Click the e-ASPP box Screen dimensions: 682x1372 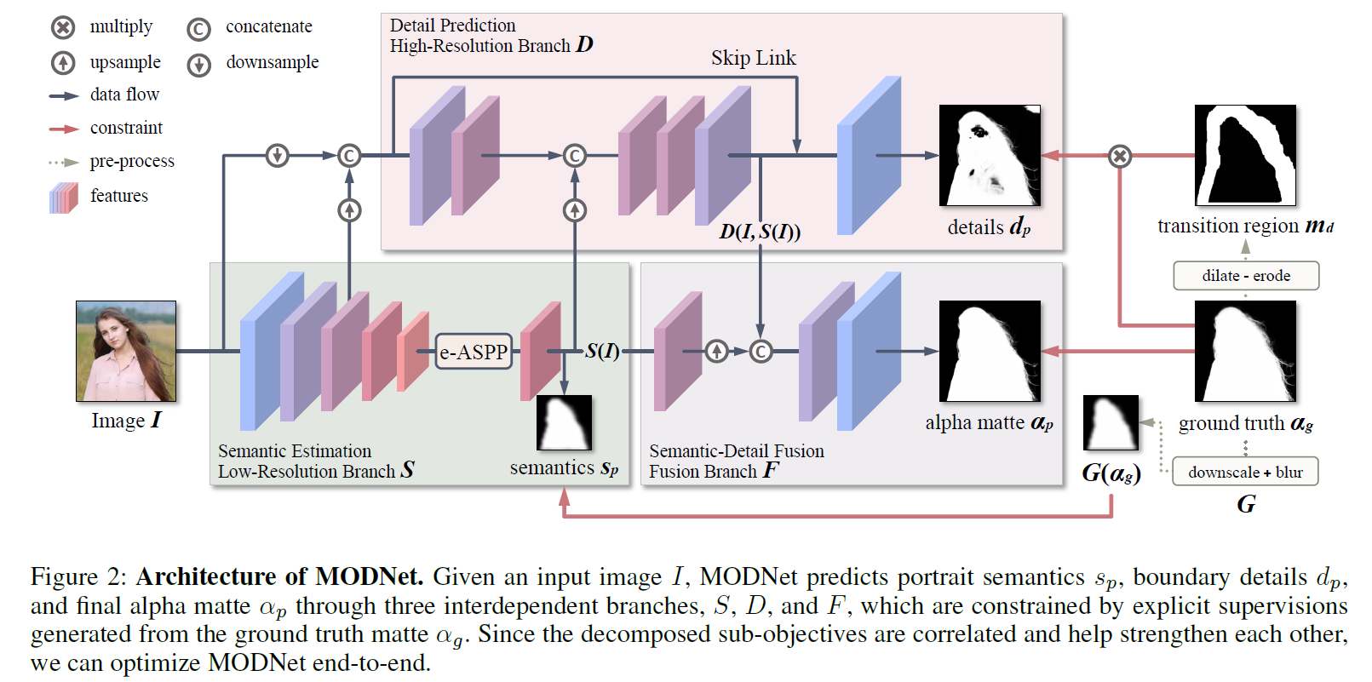click(474, 351)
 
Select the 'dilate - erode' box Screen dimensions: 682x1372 click(1246, 276)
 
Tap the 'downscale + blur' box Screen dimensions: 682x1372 click(1245, 472)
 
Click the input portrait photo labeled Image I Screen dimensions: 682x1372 click(126, 351)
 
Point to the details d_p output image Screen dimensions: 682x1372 click(990, 156)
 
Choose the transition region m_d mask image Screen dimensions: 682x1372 click(1245, 156)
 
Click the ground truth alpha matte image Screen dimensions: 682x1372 click(1245, 351)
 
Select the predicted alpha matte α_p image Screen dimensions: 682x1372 click(990, 351)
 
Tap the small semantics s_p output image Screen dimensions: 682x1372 click(564, 422)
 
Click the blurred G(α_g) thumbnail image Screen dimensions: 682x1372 click(1111, 422)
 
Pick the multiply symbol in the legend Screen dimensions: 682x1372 click(63, 28)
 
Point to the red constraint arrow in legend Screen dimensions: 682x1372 click(64, 129)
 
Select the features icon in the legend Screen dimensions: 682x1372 click(64, 198)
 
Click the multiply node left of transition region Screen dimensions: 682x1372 click(1120, 156)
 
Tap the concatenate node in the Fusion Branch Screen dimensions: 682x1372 click(761, 351)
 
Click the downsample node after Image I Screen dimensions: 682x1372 click(278, 155)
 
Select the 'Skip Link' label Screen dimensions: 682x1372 click(753, 58)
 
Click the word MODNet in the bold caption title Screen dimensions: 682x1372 click(368, 576)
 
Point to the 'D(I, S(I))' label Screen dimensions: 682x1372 click(760, 232)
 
